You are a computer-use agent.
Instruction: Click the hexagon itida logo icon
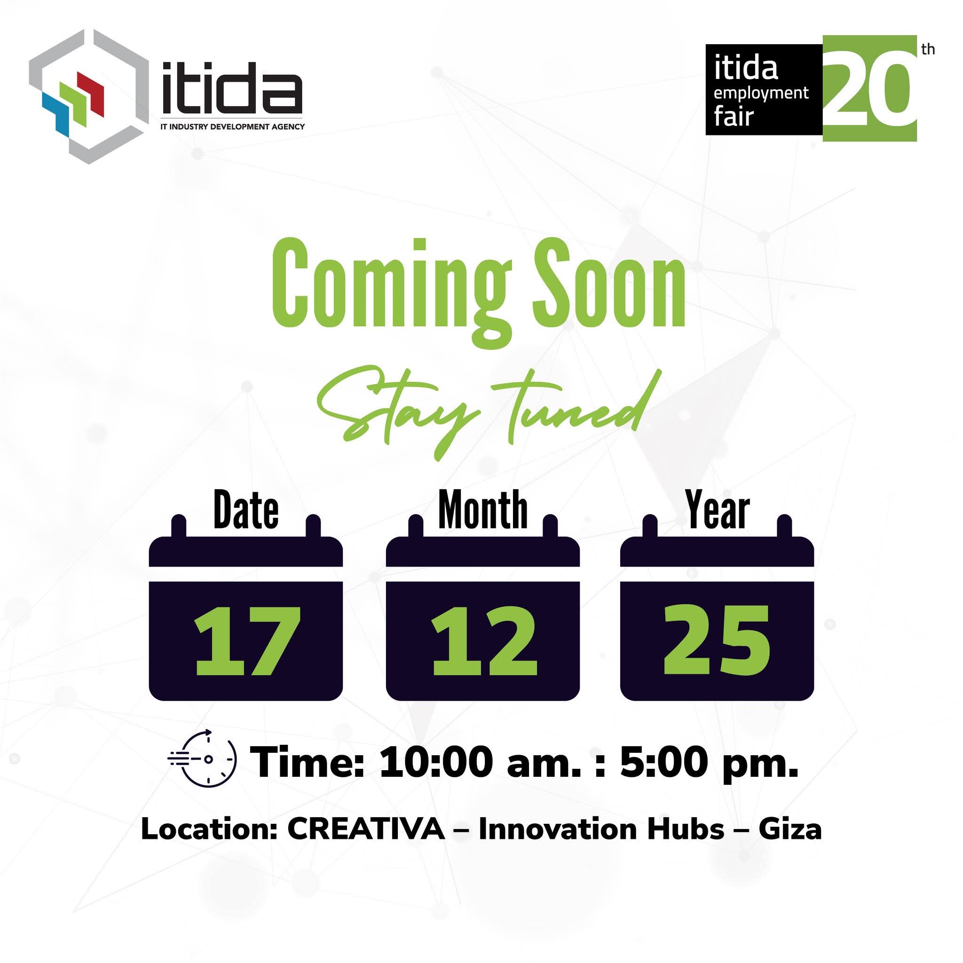[89, 97]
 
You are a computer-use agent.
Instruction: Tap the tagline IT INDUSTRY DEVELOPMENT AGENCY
[232, 126]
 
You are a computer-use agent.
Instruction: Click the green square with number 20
[869, 88]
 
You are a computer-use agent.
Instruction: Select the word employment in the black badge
[761, 94]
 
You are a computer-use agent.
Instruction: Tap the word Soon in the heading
[609, 284]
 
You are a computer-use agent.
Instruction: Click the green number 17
[248, 641]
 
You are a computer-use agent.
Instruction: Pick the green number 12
[484, 641]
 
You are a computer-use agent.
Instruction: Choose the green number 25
[717, 640]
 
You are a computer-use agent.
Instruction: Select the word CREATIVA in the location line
[366, 829]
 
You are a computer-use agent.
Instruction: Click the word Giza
[790, 829]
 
